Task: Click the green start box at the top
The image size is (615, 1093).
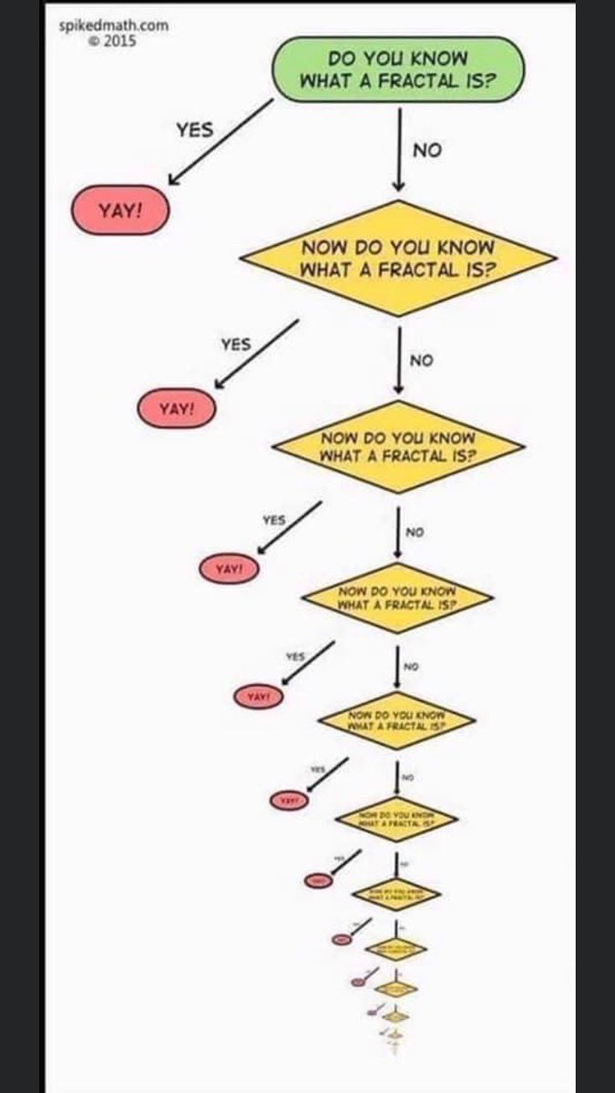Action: point(399,69)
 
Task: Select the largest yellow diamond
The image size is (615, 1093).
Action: point(397,258)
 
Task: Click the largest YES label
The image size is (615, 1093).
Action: point(194,129)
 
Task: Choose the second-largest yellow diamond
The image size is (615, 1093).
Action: point(397,445)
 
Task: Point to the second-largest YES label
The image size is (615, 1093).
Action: point(235,344)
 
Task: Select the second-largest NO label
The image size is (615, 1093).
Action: point(421,361)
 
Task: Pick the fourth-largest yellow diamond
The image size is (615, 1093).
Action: point(397,720)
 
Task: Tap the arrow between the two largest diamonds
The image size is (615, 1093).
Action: point(398,359)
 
